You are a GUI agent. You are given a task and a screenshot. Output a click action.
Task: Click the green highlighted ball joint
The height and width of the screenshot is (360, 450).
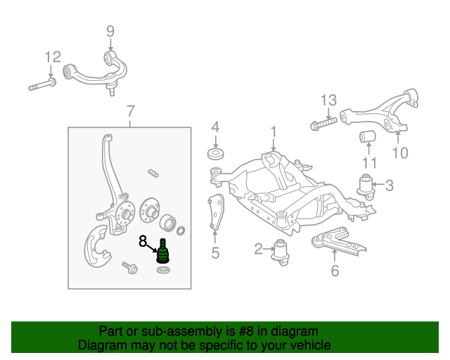164,251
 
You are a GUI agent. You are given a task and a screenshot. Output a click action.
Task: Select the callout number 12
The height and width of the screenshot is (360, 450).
53,57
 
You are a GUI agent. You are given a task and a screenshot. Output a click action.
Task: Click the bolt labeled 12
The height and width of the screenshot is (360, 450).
43,86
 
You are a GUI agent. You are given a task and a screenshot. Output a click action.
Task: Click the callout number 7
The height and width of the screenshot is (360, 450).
130,110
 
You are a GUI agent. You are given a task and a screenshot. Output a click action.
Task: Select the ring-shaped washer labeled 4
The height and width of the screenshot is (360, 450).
215,154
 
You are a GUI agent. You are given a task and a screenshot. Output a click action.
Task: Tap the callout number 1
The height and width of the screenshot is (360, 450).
274,131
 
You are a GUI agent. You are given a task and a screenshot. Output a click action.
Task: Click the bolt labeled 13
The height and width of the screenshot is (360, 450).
323,126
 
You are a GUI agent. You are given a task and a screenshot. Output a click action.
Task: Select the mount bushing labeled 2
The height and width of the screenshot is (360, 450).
282,250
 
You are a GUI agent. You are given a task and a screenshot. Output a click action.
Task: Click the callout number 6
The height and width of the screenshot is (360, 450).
335,270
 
